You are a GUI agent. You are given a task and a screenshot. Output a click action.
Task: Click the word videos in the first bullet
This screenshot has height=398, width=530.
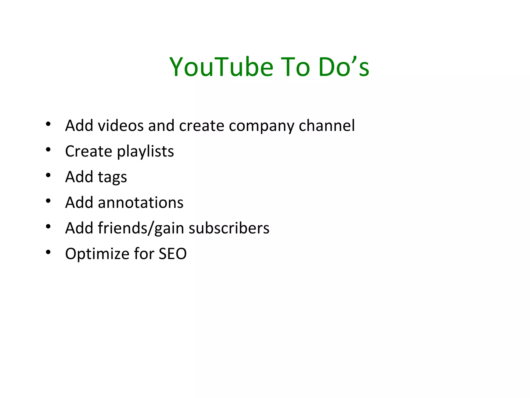(x=121, y=126)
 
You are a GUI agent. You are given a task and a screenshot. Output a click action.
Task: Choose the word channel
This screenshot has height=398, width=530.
(x=327, y=126)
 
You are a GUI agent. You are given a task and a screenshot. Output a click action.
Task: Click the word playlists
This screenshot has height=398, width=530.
(x=145, y=152)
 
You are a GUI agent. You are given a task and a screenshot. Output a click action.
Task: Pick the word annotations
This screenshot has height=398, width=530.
(x=141, y=203)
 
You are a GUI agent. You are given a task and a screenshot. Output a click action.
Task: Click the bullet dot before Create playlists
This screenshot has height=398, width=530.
(x=48, y=150)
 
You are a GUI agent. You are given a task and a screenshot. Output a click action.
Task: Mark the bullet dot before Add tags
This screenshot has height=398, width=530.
(x=48, y=175)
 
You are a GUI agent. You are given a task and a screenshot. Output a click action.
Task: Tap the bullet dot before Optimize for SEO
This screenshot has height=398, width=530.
(x=48, y=252)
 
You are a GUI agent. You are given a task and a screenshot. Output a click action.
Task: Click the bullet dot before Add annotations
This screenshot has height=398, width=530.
(x=48, y=201)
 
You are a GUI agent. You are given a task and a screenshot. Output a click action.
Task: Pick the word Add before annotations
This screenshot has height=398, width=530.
(x=79, y=203)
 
